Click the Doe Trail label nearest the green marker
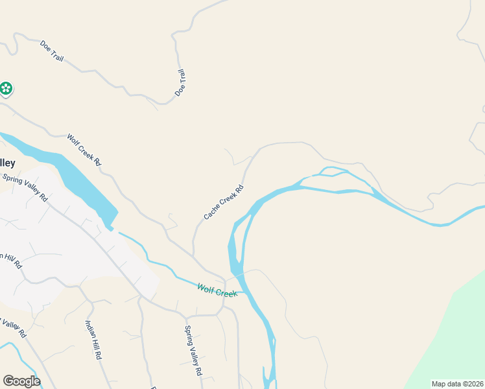(52, 51)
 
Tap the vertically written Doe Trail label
(180, 84)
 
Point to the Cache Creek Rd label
(224, 202)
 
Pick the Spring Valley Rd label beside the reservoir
(25, 187)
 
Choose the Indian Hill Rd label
(93, 339)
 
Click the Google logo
(21, 381)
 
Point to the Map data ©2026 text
(457, 384)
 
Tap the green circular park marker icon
(6, 88)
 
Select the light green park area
(454, 337)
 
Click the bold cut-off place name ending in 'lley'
(7, 163)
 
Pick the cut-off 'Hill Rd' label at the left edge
(11, 260)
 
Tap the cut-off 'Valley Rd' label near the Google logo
(13, 327)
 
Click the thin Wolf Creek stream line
(162, 266)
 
